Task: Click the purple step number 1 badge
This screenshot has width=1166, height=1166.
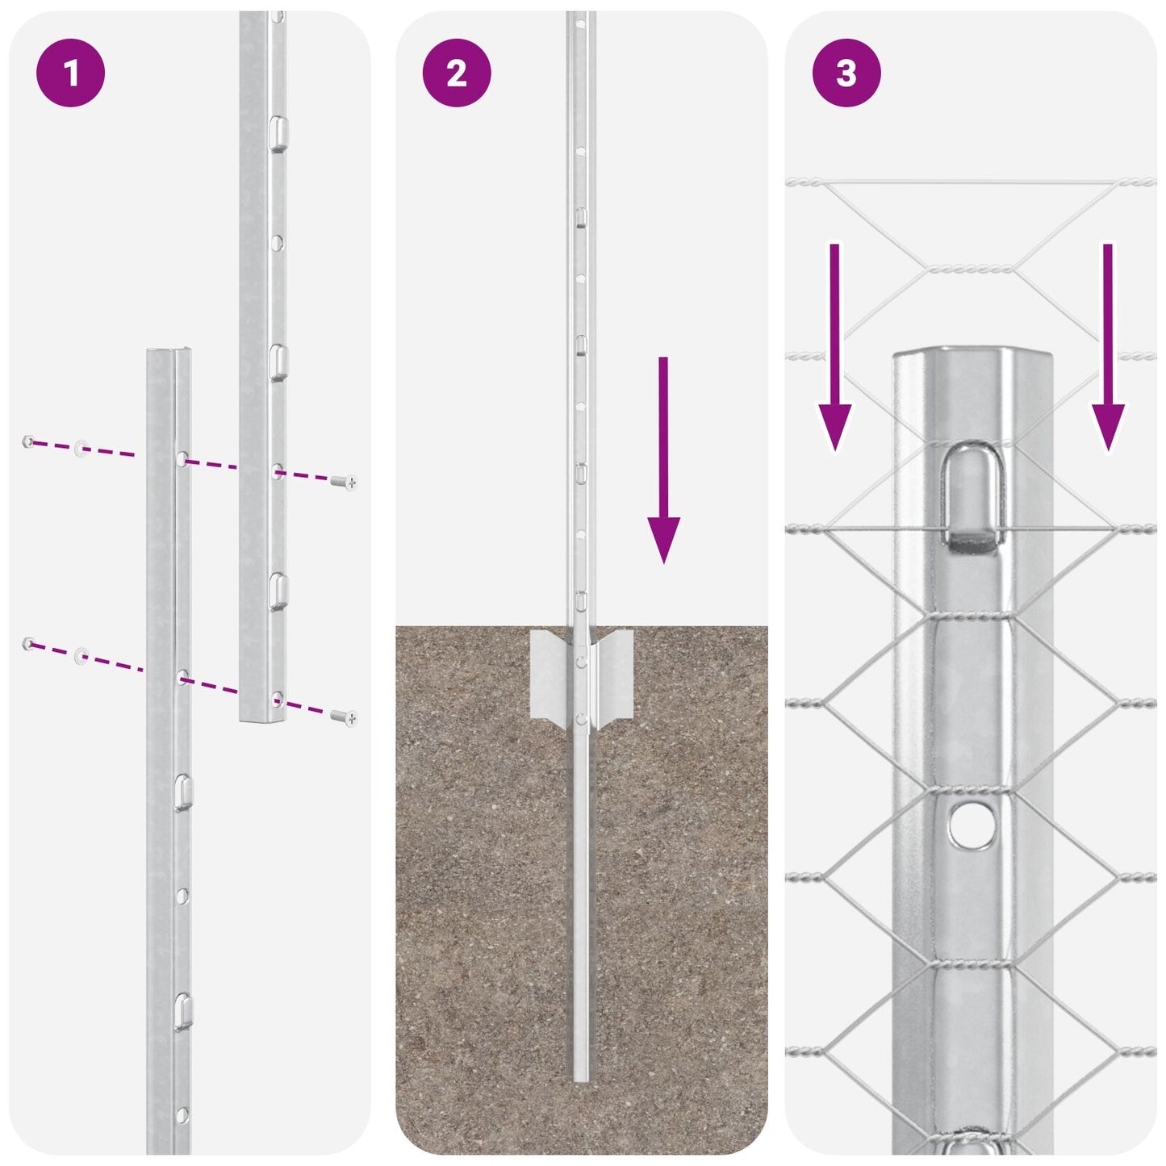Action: [70, 73]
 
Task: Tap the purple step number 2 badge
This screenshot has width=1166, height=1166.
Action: [457, 73]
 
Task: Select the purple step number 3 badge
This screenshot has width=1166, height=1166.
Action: [846, 73]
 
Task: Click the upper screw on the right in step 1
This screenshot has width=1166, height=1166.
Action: [345, 483]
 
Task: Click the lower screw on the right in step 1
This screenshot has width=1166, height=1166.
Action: [345, 717]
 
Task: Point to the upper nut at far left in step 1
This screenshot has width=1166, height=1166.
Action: [28, 441]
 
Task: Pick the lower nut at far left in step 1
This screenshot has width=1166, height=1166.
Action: [28, 643]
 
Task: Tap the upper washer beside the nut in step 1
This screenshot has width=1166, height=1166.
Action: [81, 448]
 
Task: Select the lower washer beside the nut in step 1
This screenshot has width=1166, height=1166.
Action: [81, 654]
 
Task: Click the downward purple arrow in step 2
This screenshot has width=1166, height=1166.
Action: [663, 460]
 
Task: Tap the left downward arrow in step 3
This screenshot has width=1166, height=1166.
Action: [834, 347]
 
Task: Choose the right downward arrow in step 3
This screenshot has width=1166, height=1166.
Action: [1108, 347]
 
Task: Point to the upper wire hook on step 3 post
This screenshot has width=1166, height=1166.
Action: [974, 496]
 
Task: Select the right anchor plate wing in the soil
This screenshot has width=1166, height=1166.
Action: [614, 674]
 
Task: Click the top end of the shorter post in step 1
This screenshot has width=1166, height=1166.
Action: [169, 353]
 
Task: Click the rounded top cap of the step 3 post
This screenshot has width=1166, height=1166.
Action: [972, 357]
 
